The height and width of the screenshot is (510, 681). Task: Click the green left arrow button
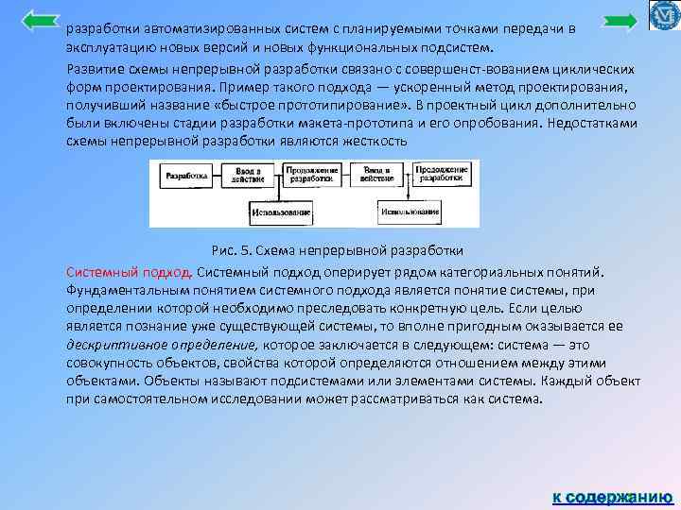coord(40,20)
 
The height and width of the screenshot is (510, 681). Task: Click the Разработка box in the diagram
coord(187,176)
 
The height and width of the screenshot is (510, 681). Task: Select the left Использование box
coord(281,212)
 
